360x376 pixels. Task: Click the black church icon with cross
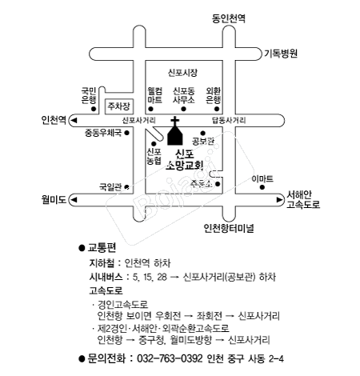point(175,131)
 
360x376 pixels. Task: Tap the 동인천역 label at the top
point(229,18)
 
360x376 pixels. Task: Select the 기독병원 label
point(281,54)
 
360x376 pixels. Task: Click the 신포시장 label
point(182,73)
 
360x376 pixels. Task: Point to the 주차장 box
point(119,106)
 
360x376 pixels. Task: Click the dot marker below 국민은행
point(94,109)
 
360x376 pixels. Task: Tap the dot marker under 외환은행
point(217,109)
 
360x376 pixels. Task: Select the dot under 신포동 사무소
point(183,109)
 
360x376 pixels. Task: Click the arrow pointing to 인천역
point(74,121)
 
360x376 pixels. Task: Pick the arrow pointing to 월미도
point(74,200)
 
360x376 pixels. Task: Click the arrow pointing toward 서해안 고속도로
point(280,200)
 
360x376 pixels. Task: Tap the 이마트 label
point(262,178)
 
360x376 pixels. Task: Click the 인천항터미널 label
point(229,228)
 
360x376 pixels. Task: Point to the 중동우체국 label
point(103,133)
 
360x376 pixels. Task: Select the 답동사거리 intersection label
point(229,121)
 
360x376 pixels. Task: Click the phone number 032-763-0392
point(170,358)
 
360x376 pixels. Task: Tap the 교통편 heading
point(102,248)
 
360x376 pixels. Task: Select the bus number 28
point(162,277)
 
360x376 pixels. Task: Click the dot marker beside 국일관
point(127,186)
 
